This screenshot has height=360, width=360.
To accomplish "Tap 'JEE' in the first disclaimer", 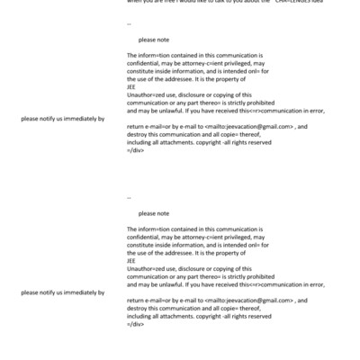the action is [131, 87].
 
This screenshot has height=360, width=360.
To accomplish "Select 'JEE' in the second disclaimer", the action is [131, 260].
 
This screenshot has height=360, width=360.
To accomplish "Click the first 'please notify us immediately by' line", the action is [62, 119].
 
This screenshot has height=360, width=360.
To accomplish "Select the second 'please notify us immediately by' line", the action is [62, 292].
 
